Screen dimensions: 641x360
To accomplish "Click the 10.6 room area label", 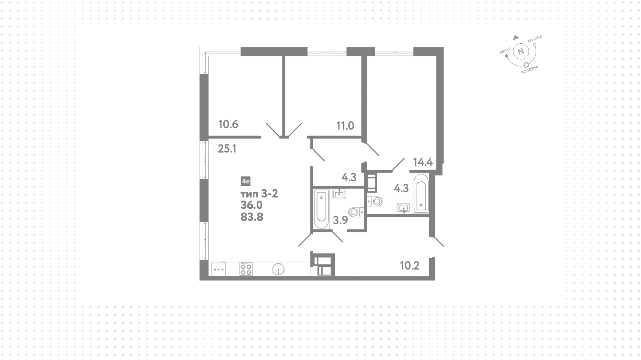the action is pyautogui.click(x=228, y=125).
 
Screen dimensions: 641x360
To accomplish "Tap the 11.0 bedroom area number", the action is pyautogui.click(x=345, y=126).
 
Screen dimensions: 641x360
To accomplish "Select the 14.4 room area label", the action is pyautogui.click(x=423, y=162).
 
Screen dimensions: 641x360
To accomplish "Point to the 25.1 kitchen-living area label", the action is pyautogui.click(x=227, y=149).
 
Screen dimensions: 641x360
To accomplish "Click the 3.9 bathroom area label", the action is pyautogui.click(x=340, y=220).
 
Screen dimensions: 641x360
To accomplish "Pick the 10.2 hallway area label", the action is pyautogui.click(x=410, y=266).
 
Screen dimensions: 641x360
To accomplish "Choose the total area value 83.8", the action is pyautogui.click(x=252, y=217).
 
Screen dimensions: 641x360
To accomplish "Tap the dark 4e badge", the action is pyautogui.click(x=246, y=181).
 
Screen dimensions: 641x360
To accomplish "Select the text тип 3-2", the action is pyautogui.click(x=259, y=193).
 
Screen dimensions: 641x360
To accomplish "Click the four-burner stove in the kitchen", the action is pyautogui.click(x=246, y=269).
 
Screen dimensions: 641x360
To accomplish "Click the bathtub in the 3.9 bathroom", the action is pyautogui.click(x=321, y=209).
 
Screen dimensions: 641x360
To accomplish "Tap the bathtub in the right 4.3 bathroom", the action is pyautogui.click(x=421, y=193).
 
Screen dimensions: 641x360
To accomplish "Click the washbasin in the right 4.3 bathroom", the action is pyautogui.click(x=404, y=208).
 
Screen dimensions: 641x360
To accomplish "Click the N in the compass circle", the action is pyautogui.click(x=520, y=52).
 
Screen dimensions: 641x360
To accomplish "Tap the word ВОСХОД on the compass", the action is pyautogui.click(x=535, y=38).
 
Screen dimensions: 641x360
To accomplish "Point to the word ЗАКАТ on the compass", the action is pyautogui.click(x=505, y=50).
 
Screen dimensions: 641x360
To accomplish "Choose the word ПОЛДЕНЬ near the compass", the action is pyautogui.click(x=530, y=70).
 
